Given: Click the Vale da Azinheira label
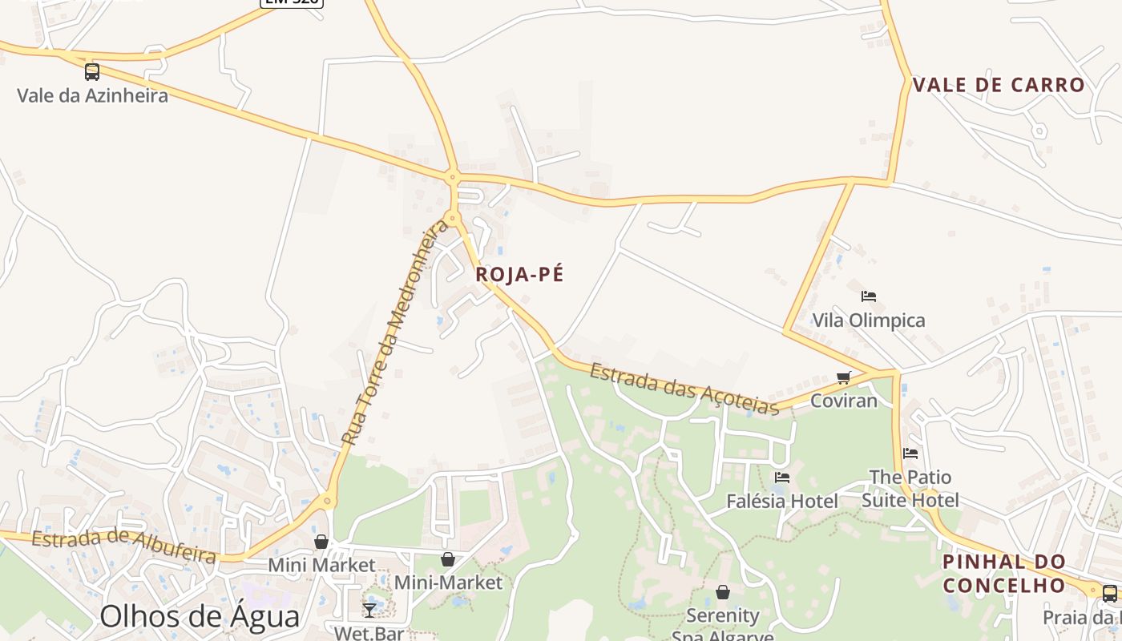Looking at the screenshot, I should [x=93, y=96].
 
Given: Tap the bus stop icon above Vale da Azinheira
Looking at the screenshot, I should [x=92, y=72].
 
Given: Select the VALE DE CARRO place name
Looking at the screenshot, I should [x=999, y=85].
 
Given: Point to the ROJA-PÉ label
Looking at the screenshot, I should [x=519, y=274].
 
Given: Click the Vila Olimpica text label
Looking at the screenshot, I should [x=869, y=320].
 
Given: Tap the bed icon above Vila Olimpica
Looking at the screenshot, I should [x=868, y=296].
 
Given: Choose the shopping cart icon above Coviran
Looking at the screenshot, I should [x=843, y=377].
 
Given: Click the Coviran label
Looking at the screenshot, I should [x=844, y=401].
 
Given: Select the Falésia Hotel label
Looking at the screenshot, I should [x=781, y=502].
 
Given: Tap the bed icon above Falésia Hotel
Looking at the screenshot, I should [x=782, y=478].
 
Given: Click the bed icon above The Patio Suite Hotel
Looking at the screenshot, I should [x=910, y=454].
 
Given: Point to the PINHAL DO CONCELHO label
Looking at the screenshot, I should [x=1004, y=573].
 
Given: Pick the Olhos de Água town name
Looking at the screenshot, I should [x=200, y=616].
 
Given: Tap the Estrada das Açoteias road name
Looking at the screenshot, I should [x=684, y=389].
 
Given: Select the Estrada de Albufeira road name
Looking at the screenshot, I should [x=123, y=545].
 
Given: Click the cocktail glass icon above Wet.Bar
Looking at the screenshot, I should [x=369, y=610].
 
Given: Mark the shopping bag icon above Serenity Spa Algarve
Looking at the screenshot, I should [x=723, y=592].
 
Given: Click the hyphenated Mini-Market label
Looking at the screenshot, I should [x=448, y=583].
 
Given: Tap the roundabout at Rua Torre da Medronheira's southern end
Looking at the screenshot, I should [x=327, y=502].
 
